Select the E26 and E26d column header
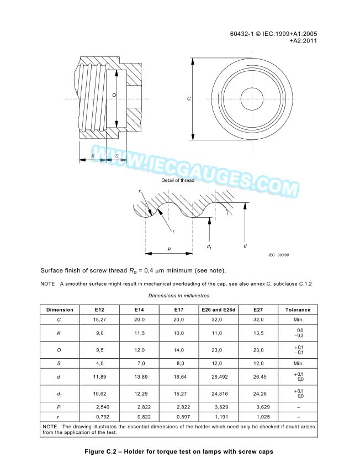click(219, 310)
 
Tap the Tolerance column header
click(298, 310)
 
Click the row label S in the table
click(60, 364)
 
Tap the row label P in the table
click(60, 407)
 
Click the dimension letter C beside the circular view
click(189, 98)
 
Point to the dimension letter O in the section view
click(114, 96)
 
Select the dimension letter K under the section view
click(93, 156)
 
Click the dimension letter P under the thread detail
click(169, 250)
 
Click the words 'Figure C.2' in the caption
click(103, 452)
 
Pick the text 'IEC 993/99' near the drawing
click(279, 255)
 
